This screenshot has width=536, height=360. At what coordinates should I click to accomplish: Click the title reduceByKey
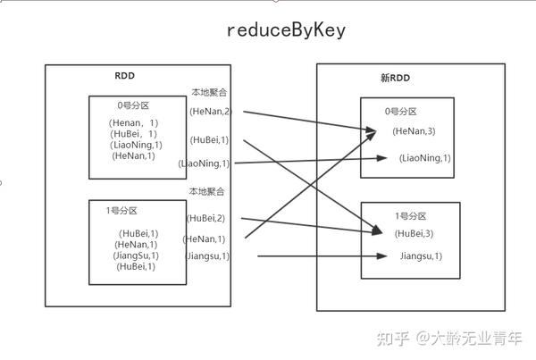point(285,30)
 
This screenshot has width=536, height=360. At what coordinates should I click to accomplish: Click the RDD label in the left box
point(124,77)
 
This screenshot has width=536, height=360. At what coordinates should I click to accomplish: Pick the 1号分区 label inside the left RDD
point(121,211)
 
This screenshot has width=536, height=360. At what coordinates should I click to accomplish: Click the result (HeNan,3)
point(415,131)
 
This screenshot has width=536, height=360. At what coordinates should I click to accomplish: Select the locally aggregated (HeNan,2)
point(210,111)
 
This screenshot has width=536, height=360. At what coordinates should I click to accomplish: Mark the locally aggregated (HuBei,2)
point(205,218)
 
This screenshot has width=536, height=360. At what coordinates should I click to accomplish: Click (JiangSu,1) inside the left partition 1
point(137,255)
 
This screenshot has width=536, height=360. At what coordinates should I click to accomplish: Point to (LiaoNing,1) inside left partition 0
point(135,145)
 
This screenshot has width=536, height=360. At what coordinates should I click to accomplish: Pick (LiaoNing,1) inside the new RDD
point(425,158)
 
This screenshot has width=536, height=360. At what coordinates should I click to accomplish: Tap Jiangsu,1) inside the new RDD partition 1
point(422,256)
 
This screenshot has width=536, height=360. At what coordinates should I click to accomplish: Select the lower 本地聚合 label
point(205,191)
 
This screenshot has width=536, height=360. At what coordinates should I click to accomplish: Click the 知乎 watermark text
point(395,338)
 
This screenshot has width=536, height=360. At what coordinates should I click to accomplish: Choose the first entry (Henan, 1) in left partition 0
point(133,122)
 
